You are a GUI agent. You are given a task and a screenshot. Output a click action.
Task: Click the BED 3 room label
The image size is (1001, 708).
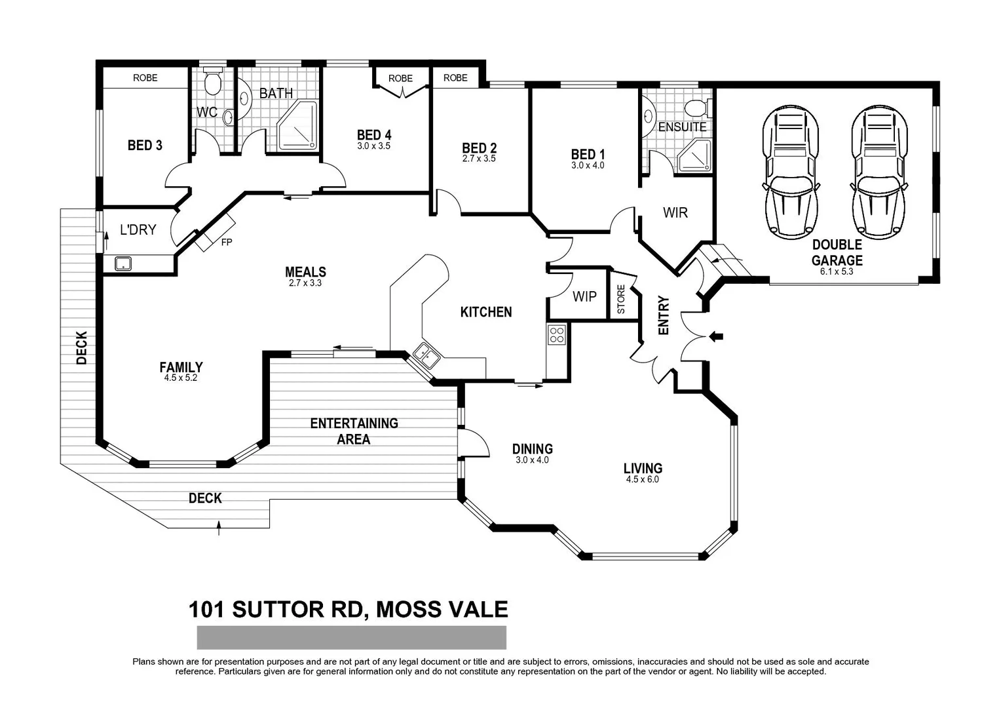tap(145, 145)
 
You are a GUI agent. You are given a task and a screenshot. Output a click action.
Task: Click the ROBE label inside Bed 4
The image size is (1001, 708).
tap(400, 78)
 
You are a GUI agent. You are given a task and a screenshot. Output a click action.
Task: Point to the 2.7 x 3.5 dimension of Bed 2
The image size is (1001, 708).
tap(479, 159)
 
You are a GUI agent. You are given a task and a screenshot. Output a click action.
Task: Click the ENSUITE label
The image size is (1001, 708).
tap(682, 127)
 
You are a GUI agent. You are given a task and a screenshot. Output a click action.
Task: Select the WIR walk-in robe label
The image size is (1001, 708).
tap(675, 212)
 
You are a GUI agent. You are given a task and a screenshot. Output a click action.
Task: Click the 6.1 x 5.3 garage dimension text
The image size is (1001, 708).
tap(837, 271)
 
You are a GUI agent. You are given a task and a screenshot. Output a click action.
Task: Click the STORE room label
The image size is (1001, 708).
tap(621, 299)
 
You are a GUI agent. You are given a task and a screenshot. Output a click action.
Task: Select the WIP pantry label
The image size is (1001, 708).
tap(584, 296)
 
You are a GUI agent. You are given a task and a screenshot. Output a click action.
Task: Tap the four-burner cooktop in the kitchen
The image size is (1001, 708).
tap(557, 335)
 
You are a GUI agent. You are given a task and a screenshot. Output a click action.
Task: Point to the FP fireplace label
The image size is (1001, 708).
tap(227, 242)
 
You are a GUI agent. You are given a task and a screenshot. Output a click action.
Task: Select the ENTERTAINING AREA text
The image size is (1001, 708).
tap(354, 431)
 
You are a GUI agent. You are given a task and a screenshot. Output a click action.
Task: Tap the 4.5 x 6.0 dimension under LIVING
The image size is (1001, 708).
tap(642, 479)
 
